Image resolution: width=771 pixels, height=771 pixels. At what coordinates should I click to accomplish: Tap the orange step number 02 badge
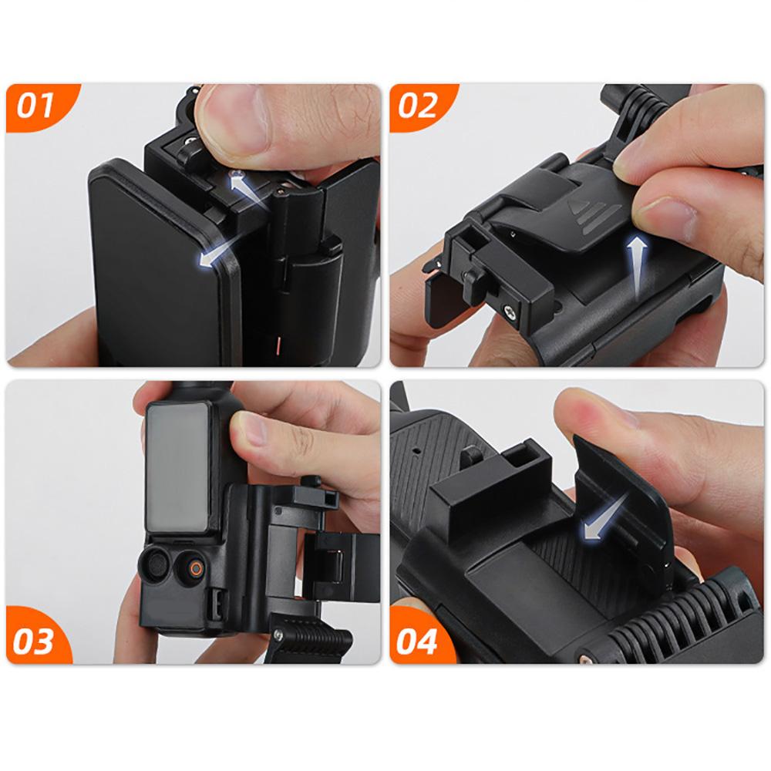point(421,107)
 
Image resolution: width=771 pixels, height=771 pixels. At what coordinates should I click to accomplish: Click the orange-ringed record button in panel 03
point(196,569)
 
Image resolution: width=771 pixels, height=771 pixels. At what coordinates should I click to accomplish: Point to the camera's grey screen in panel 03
point(178,466)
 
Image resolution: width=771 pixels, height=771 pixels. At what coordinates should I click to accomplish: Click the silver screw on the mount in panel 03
point(279,635)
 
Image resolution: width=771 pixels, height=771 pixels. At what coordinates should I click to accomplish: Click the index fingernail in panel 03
point(249,428)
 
